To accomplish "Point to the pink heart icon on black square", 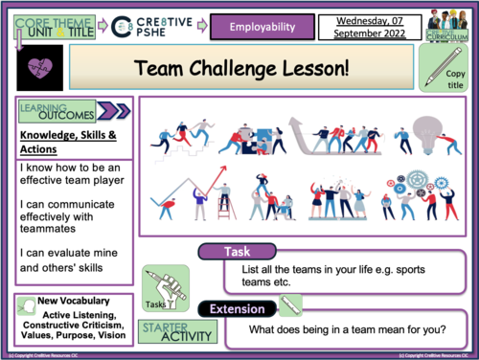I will click(36, 68).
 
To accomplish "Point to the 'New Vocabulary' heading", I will click(77, 302).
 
